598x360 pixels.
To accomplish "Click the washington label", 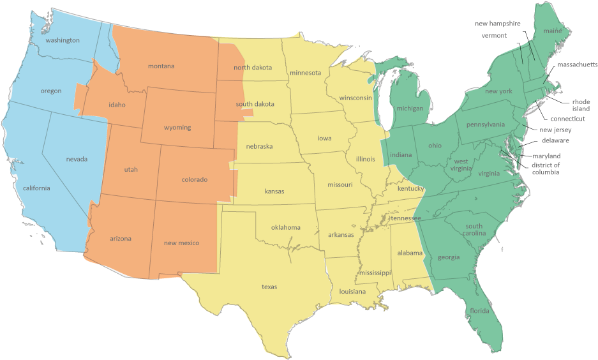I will tap(63, 40).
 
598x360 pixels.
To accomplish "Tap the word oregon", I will tap(51, 91).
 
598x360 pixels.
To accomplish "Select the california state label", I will tap(36, 188).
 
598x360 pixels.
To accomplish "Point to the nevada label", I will tap(77, 159).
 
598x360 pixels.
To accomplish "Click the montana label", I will tap(161, 66).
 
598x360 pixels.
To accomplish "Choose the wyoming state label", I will tap(177, 128).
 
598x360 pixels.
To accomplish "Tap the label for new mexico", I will tap(181, 243).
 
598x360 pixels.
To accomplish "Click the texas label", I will tap(269, 287).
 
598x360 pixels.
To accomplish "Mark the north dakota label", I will tap(253, 68).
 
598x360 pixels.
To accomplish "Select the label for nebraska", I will tap(259, 146).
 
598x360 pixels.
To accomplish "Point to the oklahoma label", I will tap(285, 227).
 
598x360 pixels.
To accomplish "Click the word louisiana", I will tap(352, 292).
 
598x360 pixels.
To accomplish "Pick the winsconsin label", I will tap(355, 98).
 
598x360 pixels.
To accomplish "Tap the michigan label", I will tap(410, 109).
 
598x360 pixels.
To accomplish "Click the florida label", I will tap(479, 311).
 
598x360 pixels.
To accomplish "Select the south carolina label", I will tap(475, 230).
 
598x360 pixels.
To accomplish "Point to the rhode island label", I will tap(581, 105).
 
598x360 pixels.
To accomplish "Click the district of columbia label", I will tap(546, 169).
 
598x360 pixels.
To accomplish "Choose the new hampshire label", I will tap(497, 24).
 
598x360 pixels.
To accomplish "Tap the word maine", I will tap(551, 31).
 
